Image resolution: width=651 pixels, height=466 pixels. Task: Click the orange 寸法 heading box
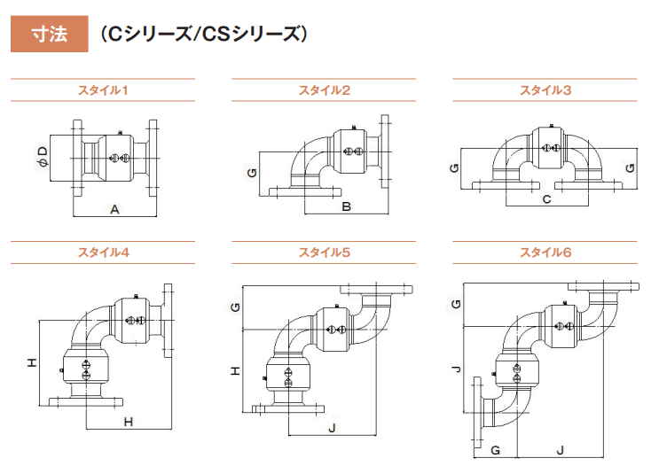[x=49, y=35]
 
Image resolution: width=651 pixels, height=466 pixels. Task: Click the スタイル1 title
[x=103, y=90]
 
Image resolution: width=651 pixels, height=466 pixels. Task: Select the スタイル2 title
[x=324, y=90]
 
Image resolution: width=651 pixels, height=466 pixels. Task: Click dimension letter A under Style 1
[x=114, y=209]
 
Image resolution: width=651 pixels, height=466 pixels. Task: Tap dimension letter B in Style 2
[x=347, y=207]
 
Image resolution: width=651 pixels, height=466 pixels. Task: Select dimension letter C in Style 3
[x=546, y=199]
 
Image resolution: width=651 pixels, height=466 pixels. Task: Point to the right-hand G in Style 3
[x=629, y=167]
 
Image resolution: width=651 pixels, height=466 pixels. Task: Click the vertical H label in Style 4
[x=31, y=363]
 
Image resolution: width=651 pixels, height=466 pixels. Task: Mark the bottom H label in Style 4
[x=128, y=423]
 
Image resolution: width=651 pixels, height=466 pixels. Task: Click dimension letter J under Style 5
[x=332, y=429]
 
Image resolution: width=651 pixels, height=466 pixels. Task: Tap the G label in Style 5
[x=235, y=307]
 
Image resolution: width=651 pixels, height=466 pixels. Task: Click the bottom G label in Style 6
[x=495, y=451]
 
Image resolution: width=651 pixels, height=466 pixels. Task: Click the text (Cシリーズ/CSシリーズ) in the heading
[x=203, y=35]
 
